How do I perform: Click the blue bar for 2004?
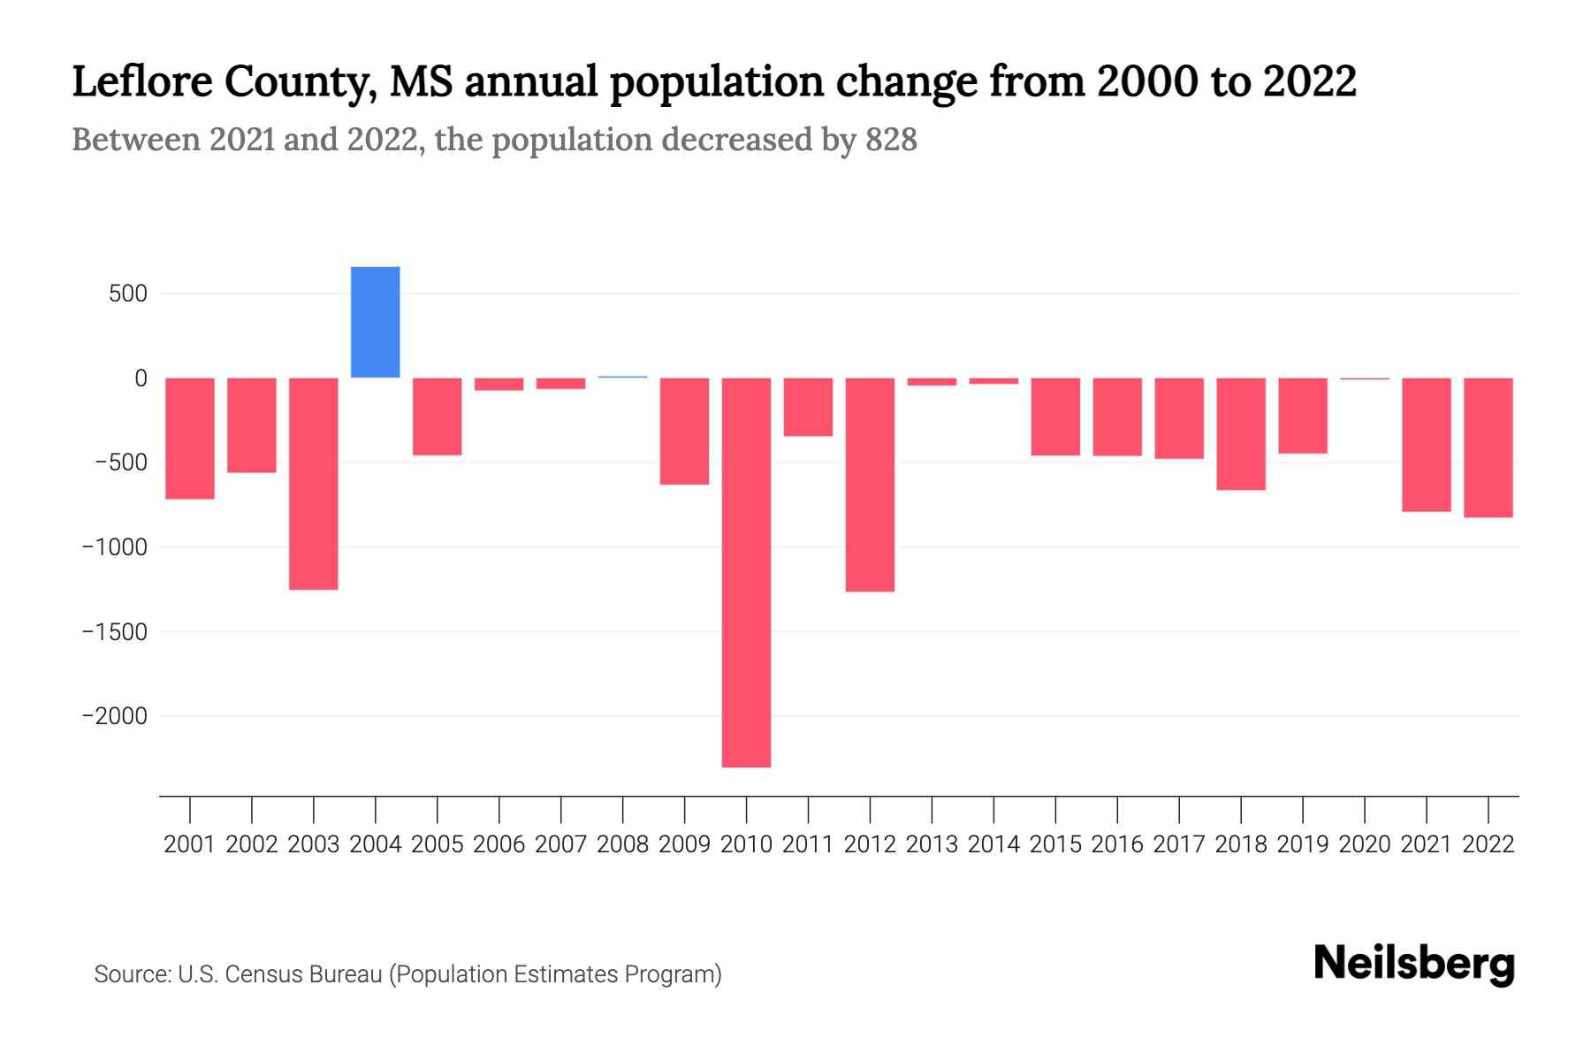point(375,322)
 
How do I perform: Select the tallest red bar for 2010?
point(746,572)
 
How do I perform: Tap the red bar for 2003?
point(314,484)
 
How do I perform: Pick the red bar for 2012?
point(870,485)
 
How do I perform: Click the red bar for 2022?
point(1488,447)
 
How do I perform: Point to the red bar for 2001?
point(190,439)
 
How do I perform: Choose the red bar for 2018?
point(1241,433)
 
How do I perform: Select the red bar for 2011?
point(808,407)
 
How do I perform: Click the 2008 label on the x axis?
point(622,844)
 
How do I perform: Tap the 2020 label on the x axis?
point(1365,844)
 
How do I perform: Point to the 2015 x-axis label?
point(1055,844)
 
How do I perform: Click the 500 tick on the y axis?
point(128,294)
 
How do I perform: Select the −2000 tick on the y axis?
point(115,716)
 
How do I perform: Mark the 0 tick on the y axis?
point(141,378)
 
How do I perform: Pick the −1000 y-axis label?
point(115,547)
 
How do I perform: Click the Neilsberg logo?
point(1414,964)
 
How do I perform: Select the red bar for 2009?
point(684,431)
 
